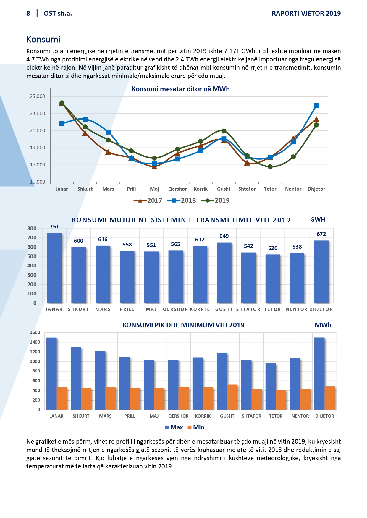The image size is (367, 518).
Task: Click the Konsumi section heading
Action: pos(43,39)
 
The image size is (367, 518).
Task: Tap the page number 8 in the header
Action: pos(28,13)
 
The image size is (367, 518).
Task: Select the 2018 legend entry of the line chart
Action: pos(182,201)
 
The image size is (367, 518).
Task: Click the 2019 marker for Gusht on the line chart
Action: pos(224,131)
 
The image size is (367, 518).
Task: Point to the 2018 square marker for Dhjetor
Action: pos(316,106)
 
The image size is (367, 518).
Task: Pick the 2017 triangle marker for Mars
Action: pos(108,152)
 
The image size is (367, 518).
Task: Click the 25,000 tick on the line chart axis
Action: pos(38,96)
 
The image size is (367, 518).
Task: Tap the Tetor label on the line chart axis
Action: pos(270,189)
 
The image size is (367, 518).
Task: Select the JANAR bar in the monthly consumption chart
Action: pos(54,268)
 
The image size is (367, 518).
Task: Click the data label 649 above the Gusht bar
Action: pos(224,236)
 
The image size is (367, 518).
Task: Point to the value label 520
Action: pos(273,248)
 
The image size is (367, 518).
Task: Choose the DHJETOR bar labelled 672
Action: pos(321,272)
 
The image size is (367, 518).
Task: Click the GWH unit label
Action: pos(318,220)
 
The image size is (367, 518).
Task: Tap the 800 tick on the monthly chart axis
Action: pos(32,228)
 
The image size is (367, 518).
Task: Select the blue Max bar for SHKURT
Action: pos(76,378)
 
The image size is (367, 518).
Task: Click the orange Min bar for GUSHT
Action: pos(232,397)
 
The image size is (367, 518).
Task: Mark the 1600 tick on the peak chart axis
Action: pos(35,332)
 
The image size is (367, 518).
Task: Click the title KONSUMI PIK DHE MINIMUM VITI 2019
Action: pos(183,325)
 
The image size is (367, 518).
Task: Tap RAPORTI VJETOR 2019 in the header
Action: pos(306,13)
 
